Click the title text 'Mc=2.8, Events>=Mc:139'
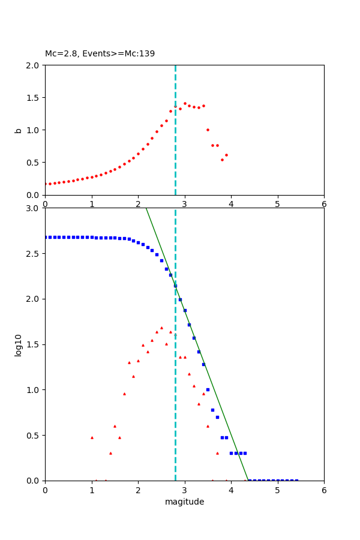[x=100, y=54]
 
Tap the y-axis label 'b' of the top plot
[x=19, y=130]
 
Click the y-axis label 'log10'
[x=19, y=345]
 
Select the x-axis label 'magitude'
[x=184, y=502]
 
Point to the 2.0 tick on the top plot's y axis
[x=33, y=65]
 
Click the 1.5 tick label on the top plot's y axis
[x=33, y=98]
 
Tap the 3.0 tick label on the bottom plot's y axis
[x=33, y=208]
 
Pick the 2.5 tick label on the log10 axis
[x=33, y=254]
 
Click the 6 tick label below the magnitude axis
[x=324, y=490]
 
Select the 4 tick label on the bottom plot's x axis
[x=231, y=490]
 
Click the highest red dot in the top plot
[x=185, y=103]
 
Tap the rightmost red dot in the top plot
[x=226, y=155]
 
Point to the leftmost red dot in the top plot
[x=46, y=184]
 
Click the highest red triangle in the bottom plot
[x=161, y=328]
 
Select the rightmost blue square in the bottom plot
[x=296, y=480]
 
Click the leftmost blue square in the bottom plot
[x=46, y=237]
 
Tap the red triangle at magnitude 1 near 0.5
[x=92, y=437]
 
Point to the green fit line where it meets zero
[x=248, y=480]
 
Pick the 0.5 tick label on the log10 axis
[x=33, y=436]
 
